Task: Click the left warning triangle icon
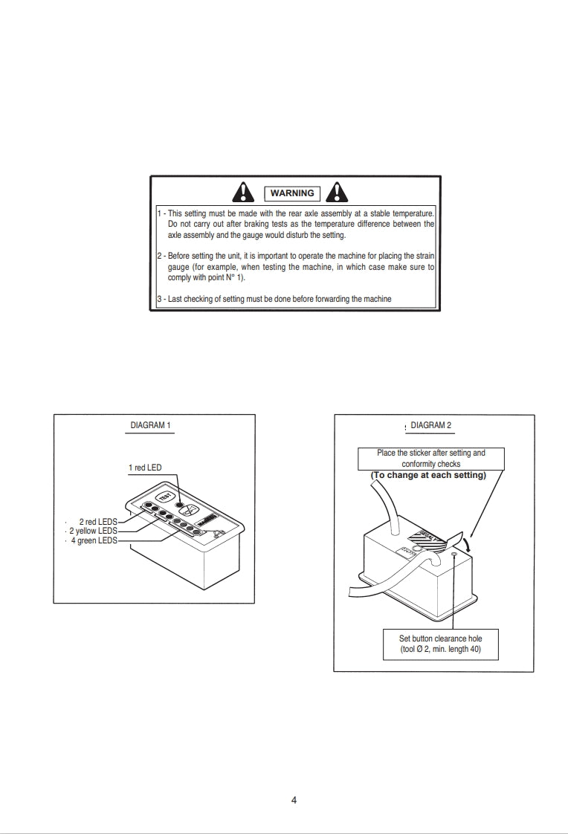243,192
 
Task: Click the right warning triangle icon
338,192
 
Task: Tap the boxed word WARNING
292,193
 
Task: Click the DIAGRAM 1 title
151,426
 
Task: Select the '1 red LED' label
145,468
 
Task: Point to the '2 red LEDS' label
98,522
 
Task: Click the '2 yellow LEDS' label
93,531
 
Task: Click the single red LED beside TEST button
179,505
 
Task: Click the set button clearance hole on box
454,555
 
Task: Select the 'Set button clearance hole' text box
440,644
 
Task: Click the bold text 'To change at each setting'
428,476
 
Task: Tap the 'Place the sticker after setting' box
431,458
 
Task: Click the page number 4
294,801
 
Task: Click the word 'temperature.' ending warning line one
413,213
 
